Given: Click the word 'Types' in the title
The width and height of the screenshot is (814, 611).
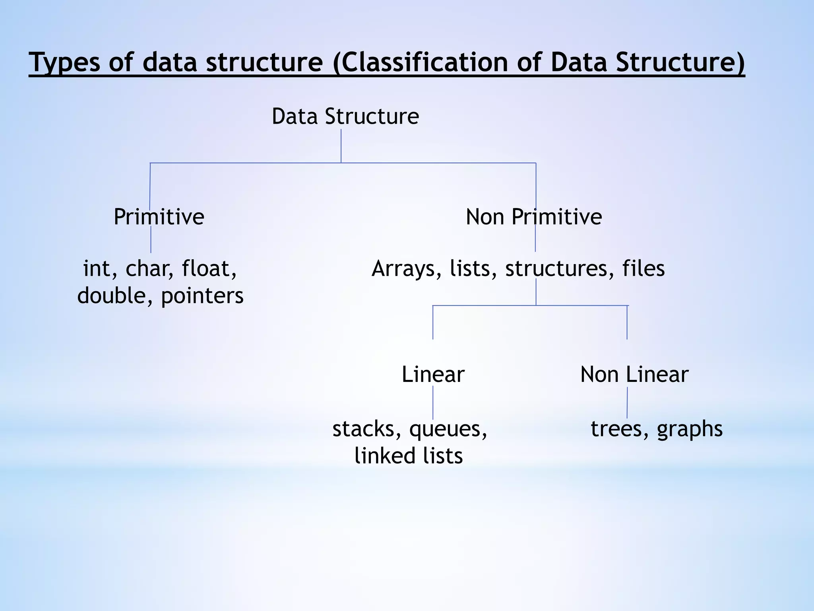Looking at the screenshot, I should coord(64,62).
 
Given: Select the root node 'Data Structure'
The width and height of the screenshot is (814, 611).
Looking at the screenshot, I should coord(345,117).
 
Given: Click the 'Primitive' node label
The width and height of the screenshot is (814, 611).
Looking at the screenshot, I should coord(159,217).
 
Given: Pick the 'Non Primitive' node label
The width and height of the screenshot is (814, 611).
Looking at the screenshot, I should coord(533,217).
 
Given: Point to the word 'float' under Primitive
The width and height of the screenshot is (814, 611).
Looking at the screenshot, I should coord(209,269).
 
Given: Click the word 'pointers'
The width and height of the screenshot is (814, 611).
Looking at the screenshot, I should coord(202,296).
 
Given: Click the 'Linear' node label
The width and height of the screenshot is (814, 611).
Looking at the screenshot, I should coord(433,375).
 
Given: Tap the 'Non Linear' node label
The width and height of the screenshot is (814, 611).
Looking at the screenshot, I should coord(634,375).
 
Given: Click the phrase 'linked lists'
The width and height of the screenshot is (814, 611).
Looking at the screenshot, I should coord(409,456).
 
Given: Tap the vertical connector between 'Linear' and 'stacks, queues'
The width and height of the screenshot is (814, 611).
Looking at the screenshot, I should coord(433,403).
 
